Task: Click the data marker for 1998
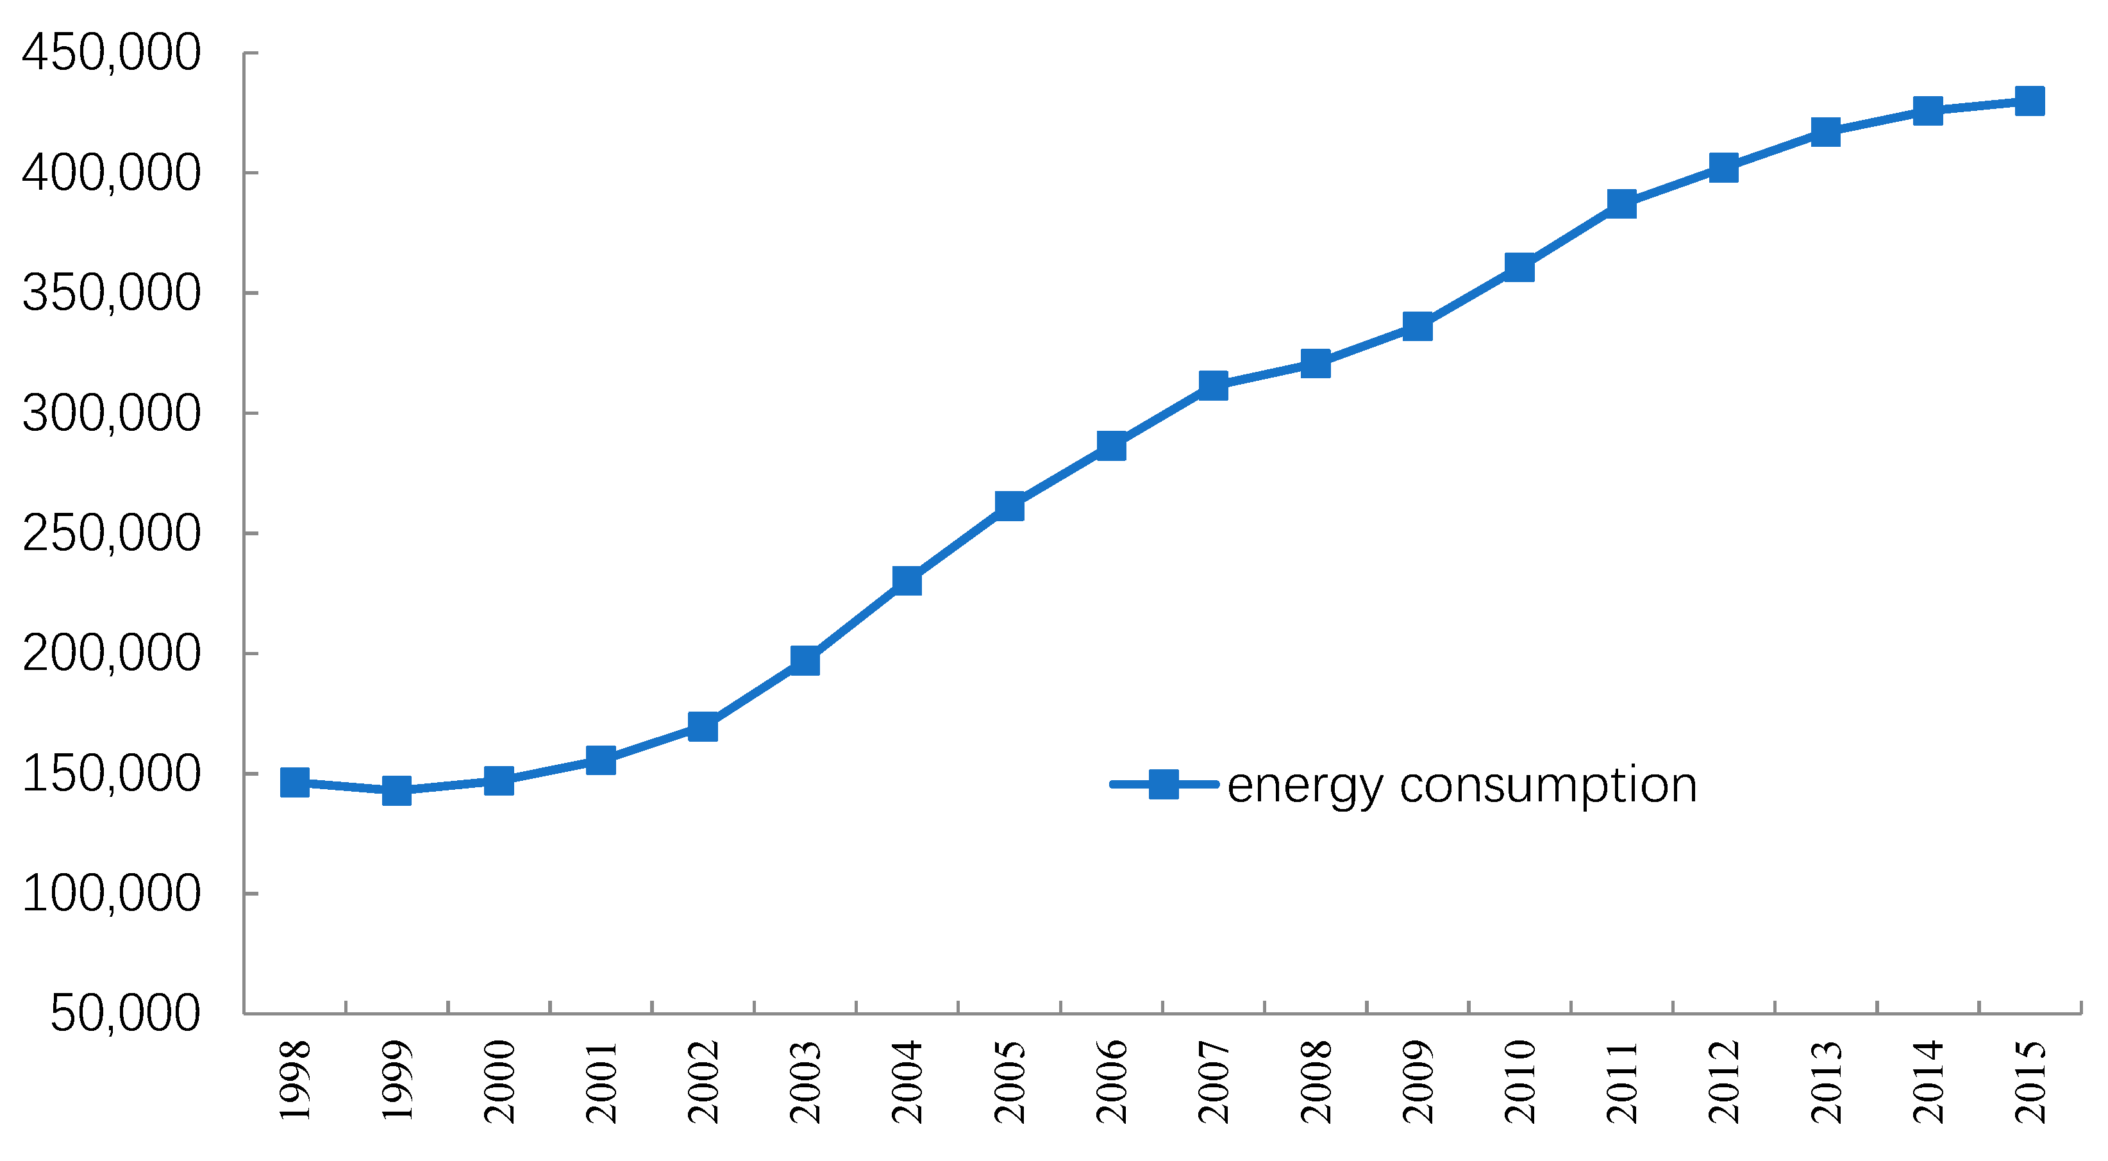tap(295, 782)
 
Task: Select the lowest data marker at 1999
tap(397, 791)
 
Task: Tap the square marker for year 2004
tap(907, 581)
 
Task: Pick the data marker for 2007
tap(1213, 385)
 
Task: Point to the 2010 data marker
tap(1519, 267)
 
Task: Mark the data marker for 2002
tap(703, 726)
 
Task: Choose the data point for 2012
tap(1723, 168)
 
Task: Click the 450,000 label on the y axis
tap(112, 53)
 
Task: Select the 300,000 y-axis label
tap(112, 413)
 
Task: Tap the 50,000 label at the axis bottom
tap(125, 1013)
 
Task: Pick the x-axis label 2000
tap(499, 1081)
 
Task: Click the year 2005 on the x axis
tap(1010, 1081)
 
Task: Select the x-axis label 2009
tap(1418, 1081)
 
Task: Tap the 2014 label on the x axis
tap(1928, 1081)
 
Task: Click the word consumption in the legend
tap(1548, 785)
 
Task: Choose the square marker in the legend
tap(1164, 784)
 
